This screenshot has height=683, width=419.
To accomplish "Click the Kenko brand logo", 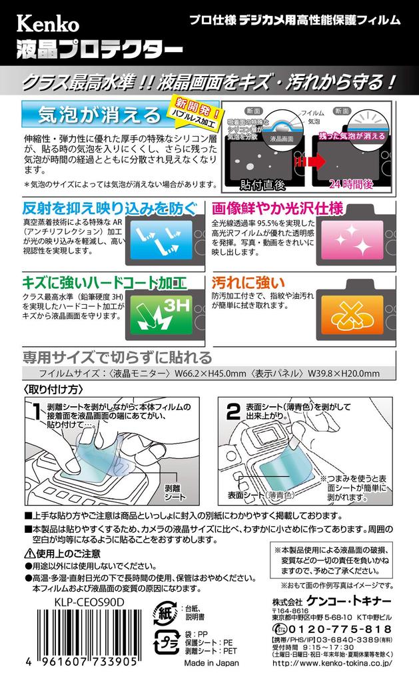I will (x=48, y=25).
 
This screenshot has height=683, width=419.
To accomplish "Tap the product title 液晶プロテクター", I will (x=99, y=49).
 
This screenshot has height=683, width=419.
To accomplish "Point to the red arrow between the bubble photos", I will (x=311, y=162).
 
